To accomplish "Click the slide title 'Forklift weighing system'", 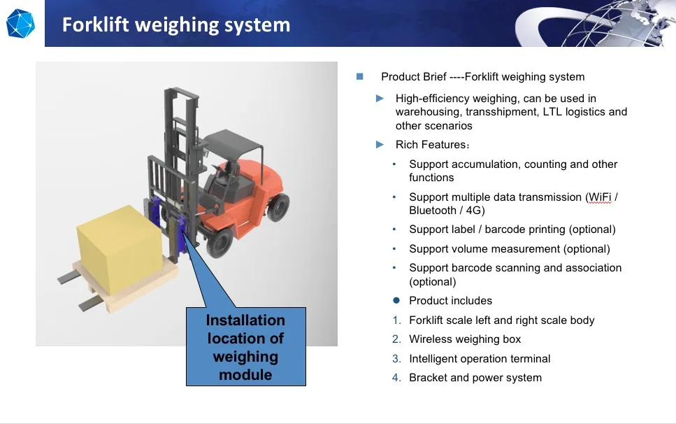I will click(x=175, y=25).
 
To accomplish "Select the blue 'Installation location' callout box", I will click(x=245, y=347).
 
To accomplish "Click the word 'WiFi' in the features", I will click(x=600, y=197).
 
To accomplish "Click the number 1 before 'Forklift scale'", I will click(x=396, y=320).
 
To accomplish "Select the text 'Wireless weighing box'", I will click(x=465, y=339).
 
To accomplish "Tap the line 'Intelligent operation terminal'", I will click(x=480, y=359).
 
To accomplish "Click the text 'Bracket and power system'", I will click(x=475, y=378).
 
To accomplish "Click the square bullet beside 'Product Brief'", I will click(x=360, y=76).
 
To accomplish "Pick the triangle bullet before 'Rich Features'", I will click(x=380, y=145).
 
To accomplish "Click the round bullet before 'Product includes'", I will click(x=396, y=301).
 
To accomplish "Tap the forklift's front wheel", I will click(x=220, y=241).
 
